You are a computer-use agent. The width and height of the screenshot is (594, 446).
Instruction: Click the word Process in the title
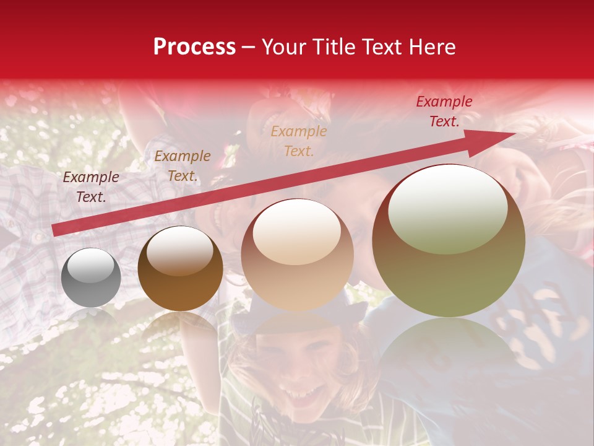[x=194, y=46]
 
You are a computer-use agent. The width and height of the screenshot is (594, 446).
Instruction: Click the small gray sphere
[x=91, y=278]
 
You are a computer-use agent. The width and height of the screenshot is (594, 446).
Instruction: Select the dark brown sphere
[x=180, y=269]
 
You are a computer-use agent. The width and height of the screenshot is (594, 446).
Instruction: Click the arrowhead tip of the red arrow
[x=515, y=134]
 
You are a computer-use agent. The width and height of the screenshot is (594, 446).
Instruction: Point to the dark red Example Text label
[x=444, y=111]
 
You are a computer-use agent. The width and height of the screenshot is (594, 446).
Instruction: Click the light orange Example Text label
[x=299, y=141]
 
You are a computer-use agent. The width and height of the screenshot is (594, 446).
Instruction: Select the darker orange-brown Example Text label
[x=182, y=166]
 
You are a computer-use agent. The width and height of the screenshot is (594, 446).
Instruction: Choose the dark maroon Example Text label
[x=91, y=187]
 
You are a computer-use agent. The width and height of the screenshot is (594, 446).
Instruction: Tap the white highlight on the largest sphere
[x=447, y=209]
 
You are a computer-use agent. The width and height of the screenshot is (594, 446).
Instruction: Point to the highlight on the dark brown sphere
[x=180, y=250]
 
